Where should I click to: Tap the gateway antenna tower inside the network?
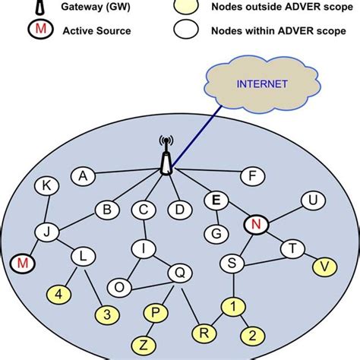(166, 158)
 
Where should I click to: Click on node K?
(47, 185)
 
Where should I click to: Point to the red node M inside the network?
(24, 264)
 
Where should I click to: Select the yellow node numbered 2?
(252, 335)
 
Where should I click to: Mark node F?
(252, 176)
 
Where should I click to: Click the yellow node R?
(203, 331)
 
